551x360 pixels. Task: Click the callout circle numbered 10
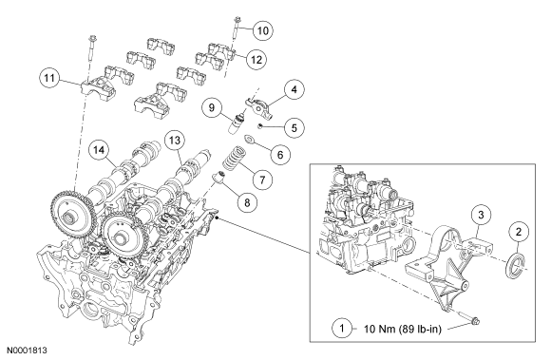pyautogui.click(x=263, y=30)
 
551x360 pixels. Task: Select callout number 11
pyautogui.click(x=49, y=78)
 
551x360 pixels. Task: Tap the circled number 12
pyautogui.click(x=256, y=60)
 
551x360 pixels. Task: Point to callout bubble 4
pyautogui.click(x=294, y=89)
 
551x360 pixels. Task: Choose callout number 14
pyautogui.click(x=99, y=150)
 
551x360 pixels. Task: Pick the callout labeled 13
pyautogui.click(x=175, y=141)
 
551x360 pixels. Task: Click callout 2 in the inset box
pyautogui.click(x=519, y=232)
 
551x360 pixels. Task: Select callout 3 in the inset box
pyautogui.click(x=481, y=215)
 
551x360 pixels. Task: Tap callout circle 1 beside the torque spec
pyautogui.click(x=342, y=329)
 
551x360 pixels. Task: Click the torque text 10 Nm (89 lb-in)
pyautogui.click(x=402, y=329)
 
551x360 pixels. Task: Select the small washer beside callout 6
pyautogui.click(x=250, y=139)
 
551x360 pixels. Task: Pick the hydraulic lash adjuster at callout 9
pyautogui.click(x=236, y=123)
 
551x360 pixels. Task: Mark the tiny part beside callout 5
pyautogui.click(x=260, y=125)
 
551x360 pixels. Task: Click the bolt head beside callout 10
pyautogui.click(x=237, y=19)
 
